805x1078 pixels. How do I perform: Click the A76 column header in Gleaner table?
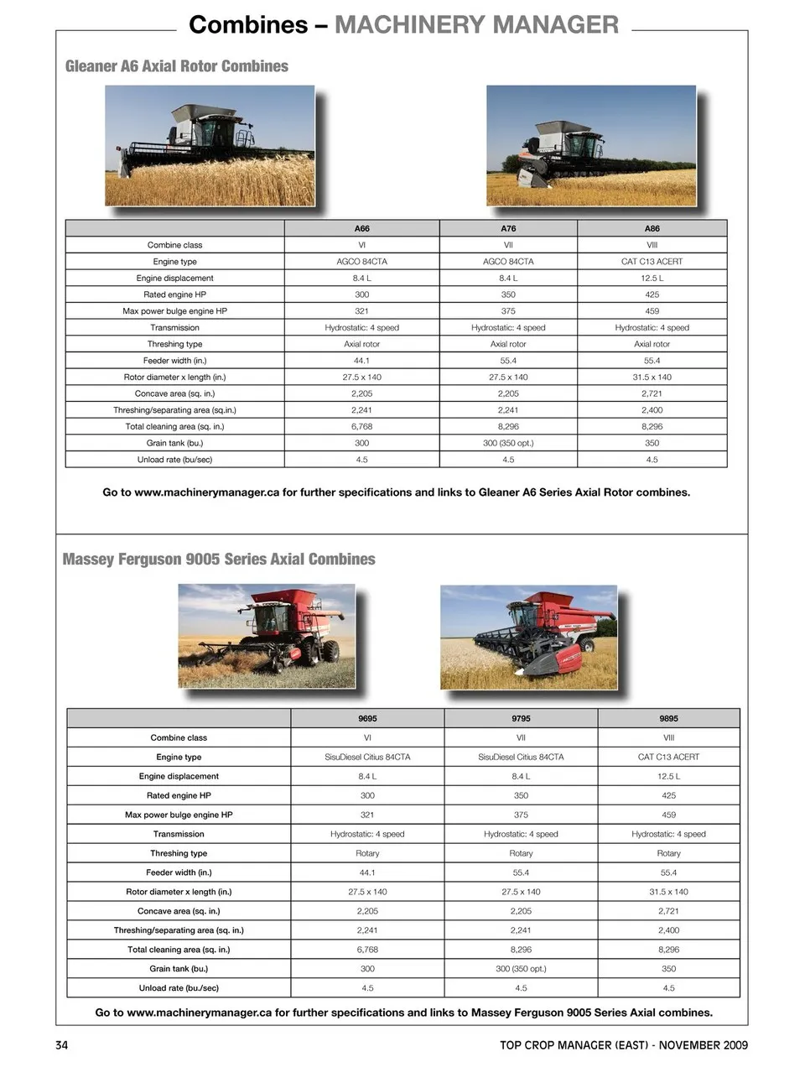coord(508,228)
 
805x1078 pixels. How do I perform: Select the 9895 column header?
coord(668,718)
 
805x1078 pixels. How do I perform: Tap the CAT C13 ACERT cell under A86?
coord(652,262)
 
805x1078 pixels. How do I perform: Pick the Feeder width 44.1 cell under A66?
coord(361,361)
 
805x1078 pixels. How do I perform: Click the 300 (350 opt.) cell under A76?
coord(508,443)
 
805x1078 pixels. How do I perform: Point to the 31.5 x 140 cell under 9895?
coord(668,892)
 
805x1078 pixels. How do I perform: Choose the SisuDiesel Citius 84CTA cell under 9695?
coord(367,757)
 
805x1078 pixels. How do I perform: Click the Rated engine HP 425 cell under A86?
coord(652,294)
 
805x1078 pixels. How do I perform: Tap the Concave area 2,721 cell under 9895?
coord(668,911)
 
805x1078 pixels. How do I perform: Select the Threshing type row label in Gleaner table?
coord(174,344)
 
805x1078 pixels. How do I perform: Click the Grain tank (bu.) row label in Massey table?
coord(179,969)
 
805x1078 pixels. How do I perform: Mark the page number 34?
coord(61,1045)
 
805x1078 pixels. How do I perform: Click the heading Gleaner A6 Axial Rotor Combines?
coord(176,66)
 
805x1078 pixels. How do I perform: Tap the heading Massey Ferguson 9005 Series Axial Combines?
coord(219,560)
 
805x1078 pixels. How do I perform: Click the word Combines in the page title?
coord(248,24)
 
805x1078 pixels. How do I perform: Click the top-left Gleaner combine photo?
coord(210,145)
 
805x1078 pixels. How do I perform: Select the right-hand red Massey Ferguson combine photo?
coord(528,638)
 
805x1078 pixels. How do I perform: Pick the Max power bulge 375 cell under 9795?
coord(521,815)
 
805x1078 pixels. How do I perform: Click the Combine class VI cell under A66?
coord(361,245)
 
